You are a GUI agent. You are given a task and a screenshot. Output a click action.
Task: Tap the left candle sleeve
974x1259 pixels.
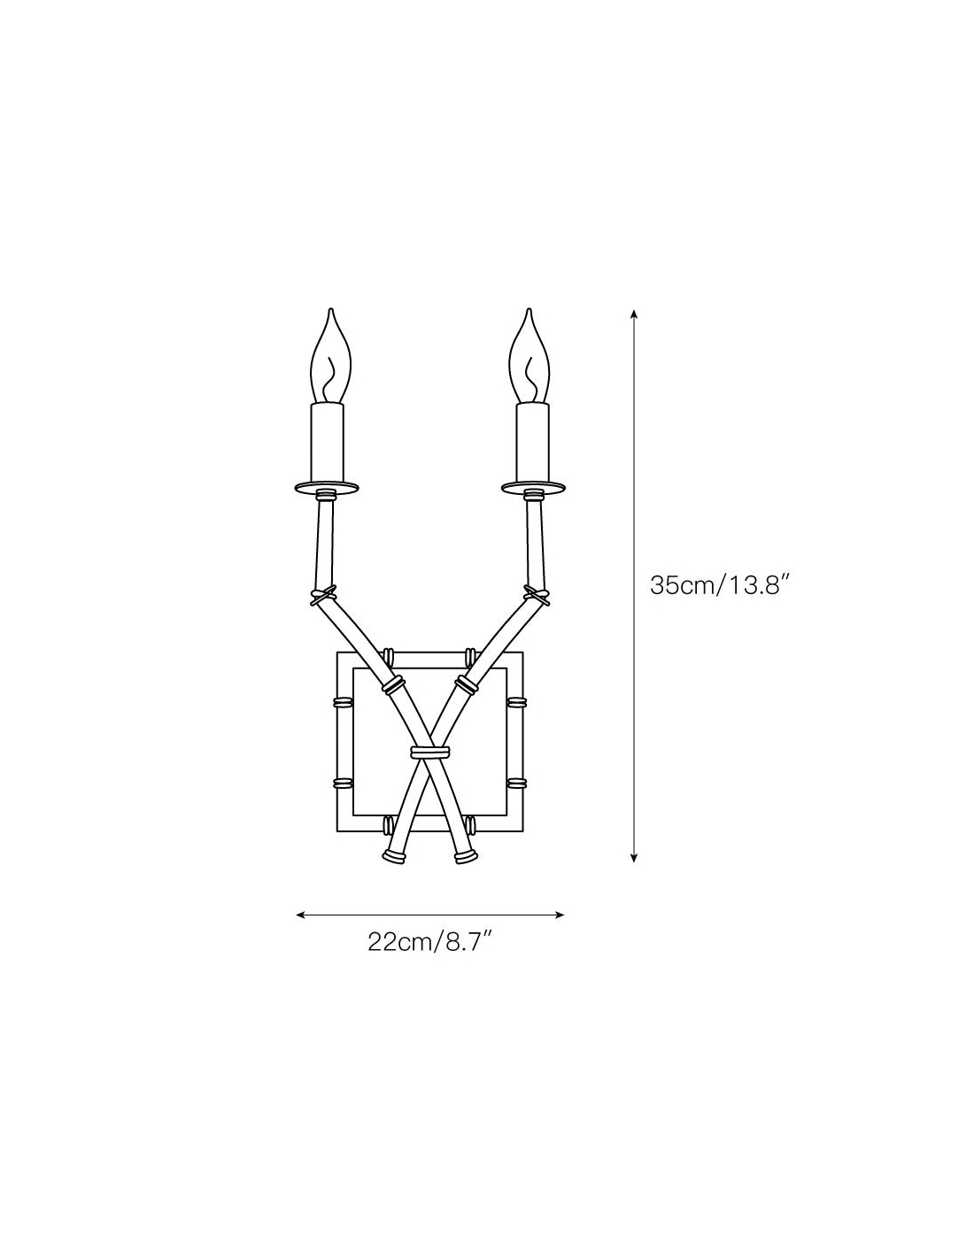click(328, 442)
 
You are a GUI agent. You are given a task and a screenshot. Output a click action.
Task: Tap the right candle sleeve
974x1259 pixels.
click(532, 442)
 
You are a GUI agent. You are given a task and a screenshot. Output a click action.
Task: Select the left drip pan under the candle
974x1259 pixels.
click(326, 488)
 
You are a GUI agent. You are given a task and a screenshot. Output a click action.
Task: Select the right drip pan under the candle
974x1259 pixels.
click(533, 488)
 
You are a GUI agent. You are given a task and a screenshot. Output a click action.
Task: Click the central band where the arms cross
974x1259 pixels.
click(429, 753)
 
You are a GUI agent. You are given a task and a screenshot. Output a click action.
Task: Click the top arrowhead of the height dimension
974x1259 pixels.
click(634, 314)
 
